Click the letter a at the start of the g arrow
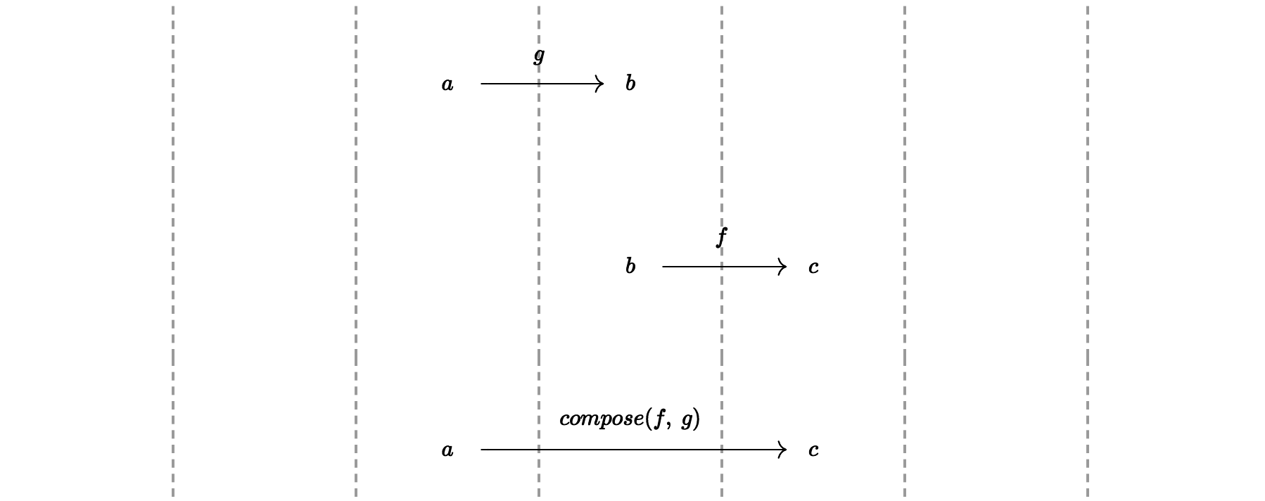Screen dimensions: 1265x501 447,84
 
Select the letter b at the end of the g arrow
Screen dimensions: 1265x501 630,84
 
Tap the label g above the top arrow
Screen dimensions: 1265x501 539,56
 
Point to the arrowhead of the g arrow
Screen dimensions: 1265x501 600,84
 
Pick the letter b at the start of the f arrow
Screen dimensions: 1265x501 630,267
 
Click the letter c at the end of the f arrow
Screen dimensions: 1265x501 813,267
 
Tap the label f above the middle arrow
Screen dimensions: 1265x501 721,237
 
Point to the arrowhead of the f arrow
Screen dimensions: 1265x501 782,267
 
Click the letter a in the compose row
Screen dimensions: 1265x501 447,450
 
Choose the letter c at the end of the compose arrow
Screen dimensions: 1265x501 813,450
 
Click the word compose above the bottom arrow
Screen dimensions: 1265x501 601,419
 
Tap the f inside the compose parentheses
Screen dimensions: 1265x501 659,419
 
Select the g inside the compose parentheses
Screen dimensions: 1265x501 687,421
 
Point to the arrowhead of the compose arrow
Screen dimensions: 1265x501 782,450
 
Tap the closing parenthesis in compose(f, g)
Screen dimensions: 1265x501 697,419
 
